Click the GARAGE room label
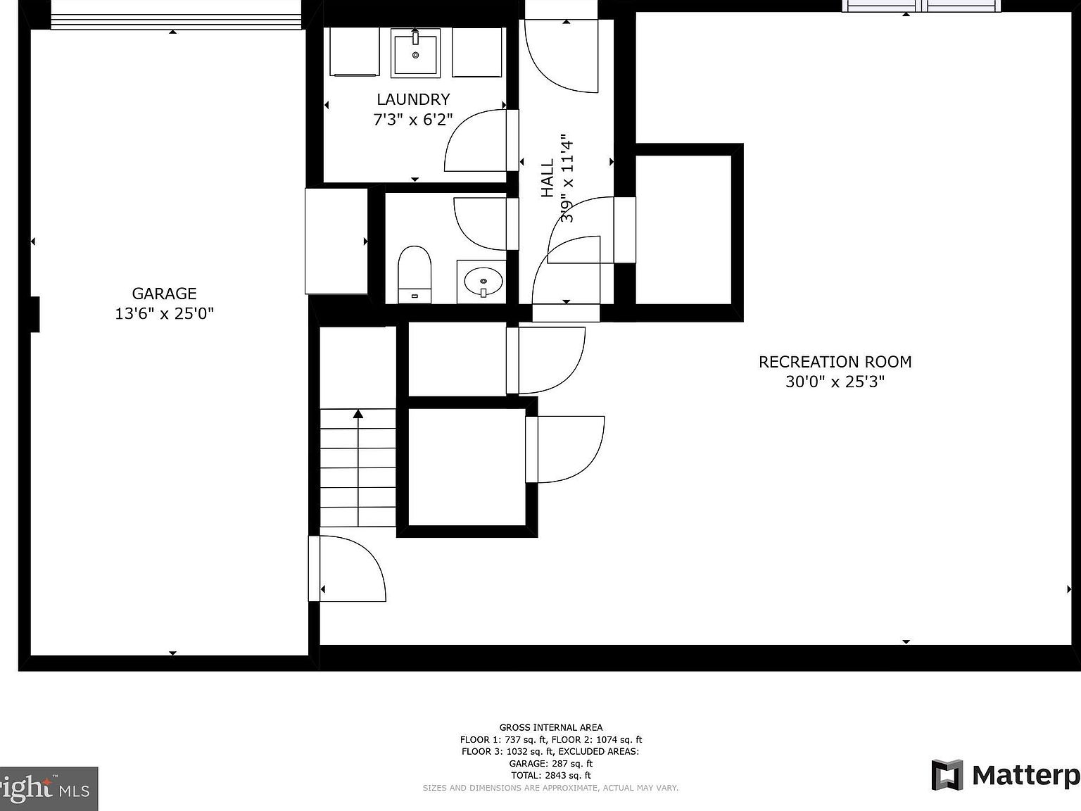coord(164,294)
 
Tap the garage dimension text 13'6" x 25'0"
coord(164,313)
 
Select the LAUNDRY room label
coord(413,99)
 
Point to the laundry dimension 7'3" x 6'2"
coord(413,120)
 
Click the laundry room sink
coord(415,53)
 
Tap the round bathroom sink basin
coord(483,282)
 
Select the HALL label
coord(548,178)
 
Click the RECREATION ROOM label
coord(835,362)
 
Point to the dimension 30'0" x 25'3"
coord(835,382)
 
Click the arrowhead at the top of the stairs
coord(358,414)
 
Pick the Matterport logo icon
coord(947,774)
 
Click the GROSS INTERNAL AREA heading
coord(551,727)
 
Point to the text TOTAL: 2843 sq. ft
coord(551,775)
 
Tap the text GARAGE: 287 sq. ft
coord(551,763)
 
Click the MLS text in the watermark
coord(74,791)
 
